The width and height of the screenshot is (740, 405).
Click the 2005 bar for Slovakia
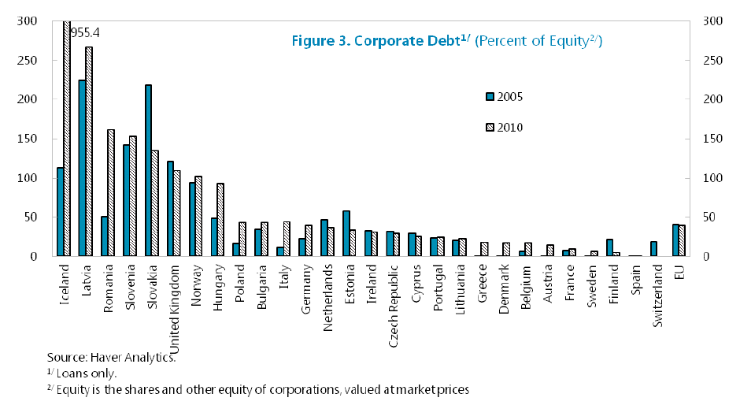point(148,170)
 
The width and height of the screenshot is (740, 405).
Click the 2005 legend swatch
point(490,97)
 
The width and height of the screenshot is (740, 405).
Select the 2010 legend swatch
point(490,127)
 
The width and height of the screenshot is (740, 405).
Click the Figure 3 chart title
point(446,41)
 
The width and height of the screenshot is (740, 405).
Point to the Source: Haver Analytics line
point(111,357)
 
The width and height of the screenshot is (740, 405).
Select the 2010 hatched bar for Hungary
point(221,220)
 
